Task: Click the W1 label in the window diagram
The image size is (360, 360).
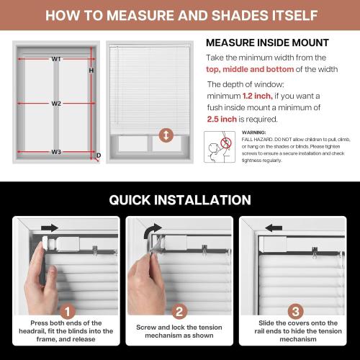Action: (55, 58)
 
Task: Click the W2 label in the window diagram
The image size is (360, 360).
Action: (55, 103)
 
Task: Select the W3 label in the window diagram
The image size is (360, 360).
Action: (55, 151)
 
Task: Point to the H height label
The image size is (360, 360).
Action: (91, 71)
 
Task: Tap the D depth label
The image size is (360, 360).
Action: (98, 155)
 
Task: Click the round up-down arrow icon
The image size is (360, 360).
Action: (167, 135)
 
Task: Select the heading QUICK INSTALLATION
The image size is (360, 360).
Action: (180, 199)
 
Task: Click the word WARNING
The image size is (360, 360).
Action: (254, 133)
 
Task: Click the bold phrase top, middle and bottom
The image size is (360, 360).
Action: (251, 69)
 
